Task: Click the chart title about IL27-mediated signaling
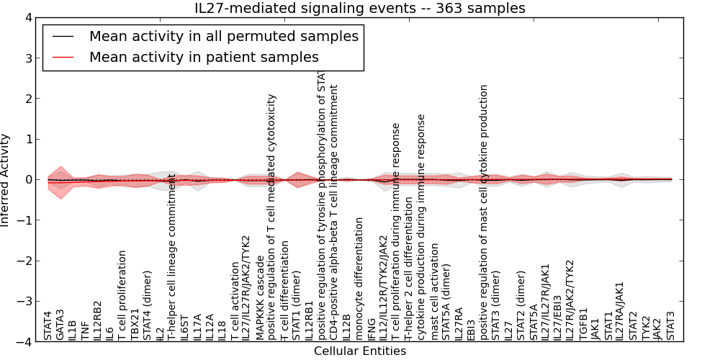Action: [x=360, y=8]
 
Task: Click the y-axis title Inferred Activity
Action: [x=6, y=179]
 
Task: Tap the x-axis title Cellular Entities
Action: [x=360, y=351]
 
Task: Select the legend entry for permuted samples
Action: [x=223, y=36]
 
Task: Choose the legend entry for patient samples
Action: [x=204, y=57]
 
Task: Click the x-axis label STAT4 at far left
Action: [x=48, y=325]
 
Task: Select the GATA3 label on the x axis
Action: [x=60, y=324]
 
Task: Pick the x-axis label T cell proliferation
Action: [x=122, y=295]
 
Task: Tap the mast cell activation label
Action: [x=434, y=292]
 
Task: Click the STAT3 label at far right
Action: [x=670, y=325]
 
